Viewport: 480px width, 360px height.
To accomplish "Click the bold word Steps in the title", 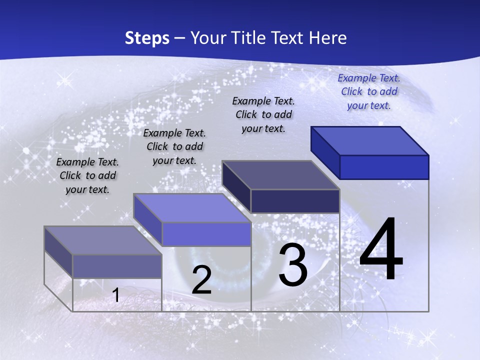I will pyautogui.click(x=147, y=38).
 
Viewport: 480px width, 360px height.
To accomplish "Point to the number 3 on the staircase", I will pyautogui.click(x=293, y=265).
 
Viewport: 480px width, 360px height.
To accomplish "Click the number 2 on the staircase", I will pyautogui.click(x=201, y=280).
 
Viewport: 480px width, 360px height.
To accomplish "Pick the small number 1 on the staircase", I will pyautogui.click(x=115, y=295).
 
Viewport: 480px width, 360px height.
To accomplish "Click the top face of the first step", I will pyautogui.click(x=103, y=240).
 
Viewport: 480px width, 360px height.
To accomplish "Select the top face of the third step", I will pyautogui.click(x=281, y=175).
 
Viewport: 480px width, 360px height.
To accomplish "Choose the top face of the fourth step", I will pyautogui.click(x=370, y=141).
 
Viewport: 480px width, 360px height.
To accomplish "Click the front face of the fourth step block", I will pyautogui.click(x=384, y=167).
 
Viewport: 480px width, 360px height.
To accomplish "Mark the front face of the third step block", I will pyautogui.click(x=295, y=201).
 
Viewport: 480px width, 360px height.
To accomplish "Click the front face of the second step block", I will pyautogui.click(x=206, y=234).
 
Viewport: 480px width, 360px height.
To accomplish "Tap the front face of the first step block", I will pyautogui.click(x=117, y=266).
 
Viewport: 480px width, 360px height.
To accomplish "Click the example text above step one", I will pyautogui.click(x=87, y=175).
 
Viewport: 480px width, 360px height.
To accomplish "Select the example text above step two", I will pyautogui.click(x=174, y=146).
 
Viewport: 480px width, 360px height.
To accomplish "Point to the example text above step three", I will pyautogui.click(x=263, y=114).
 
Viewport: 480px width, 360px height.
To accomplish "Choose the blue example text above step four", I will pyautogui.click(x=369, y=91).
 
